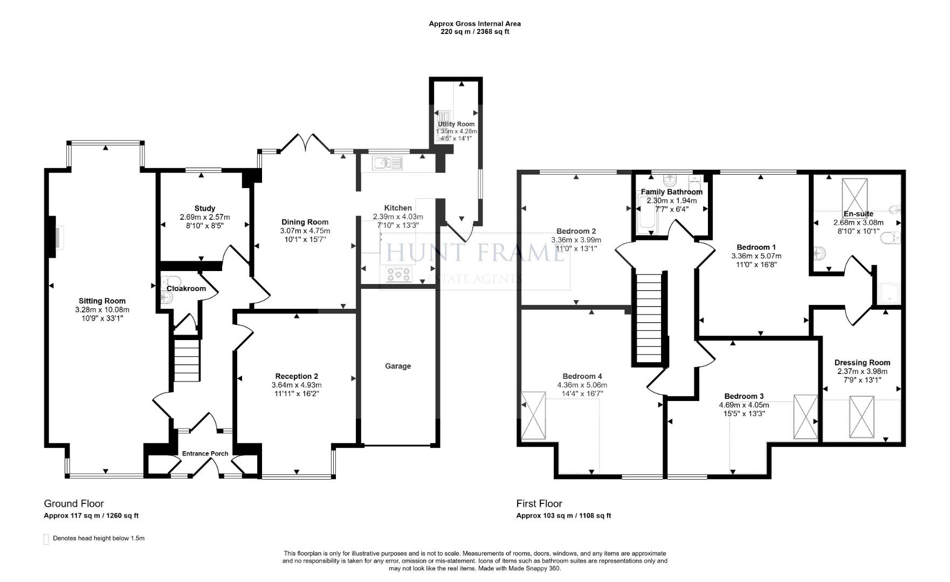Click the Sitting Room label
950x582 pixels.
tap(102, 301)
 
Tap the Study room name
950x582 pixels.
tap(205, 208)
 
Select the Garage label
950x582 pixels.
tap(398, 366)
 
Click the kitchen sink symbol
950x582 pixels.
tap(387, 162)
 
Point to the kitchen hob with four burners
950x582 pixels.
tap(399, 274)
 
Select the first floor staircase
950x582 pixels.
tap(648, 318)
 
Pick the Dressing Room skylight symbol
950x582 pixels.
tap(861, 417)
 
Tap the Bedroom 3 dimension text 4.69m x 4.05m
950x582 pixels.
tap(744, 405)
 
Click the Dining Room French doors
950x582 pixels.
tap(305, 143)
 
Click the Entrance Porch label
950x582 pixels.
tap(205, 453)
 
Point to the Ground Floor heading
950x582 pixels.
tap(74, 503)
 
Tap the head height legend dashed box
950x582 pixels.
tap(46, 539)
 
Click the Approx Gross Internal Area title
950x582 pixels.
tap(474, 23)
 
